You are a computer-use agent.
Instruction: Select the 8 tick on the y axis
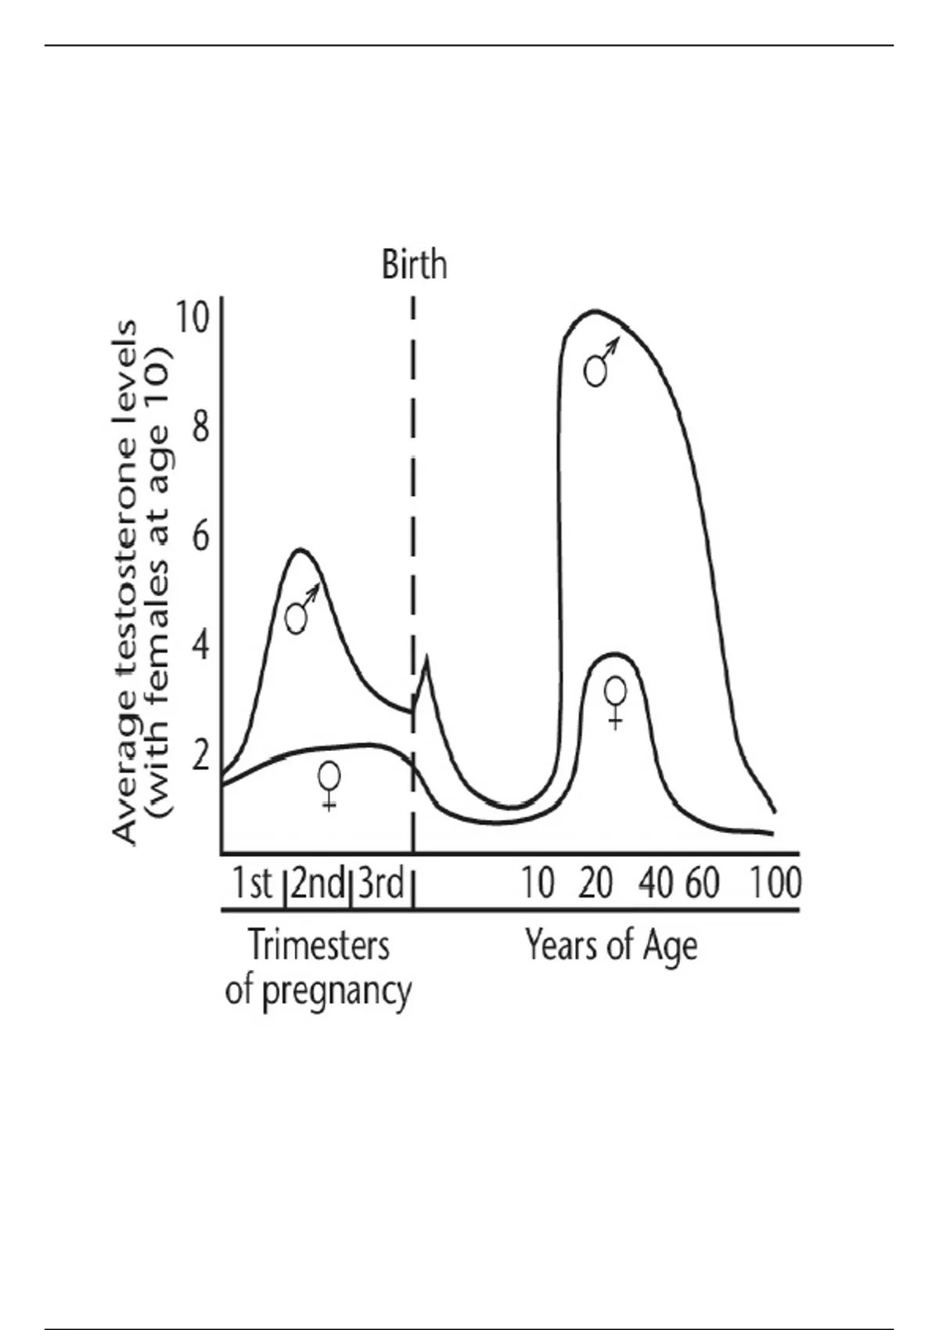(x=200, y=427)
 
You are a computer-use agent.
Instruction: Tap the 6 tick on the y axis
(x=200, y=537)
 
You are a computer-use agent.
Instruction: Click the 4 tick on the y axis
(x=200, y=646)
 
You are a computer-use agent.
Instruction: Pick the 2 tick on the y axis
(x=200, y=756)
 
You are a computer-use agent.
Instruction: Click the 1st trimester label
(x=252, y=883)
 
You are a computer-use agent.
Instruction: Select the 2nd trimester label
(x=317, y=883)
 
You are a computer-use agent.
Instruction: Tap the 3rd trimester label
(x=380, y=883)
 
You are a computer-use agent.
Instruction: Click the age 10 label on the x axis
(x=538, y=883)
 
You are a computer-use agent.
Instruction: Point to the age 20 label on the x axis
(x=595, y=883)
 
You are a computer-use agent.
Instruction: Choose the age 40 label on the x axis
(x=656, y=883)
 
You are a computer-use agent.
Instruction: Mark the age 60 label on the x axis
(x=703, y=883)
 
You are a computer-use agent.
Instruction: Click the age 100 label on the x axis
(x=775, y=883)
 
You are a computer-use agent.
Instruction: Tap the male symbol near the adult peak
(x=600, y=363)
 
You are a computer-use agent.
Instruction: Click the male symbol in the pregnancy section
(x=300, y=610)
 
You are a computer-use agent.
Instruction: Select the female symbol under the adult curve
(x=616, y=701)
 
